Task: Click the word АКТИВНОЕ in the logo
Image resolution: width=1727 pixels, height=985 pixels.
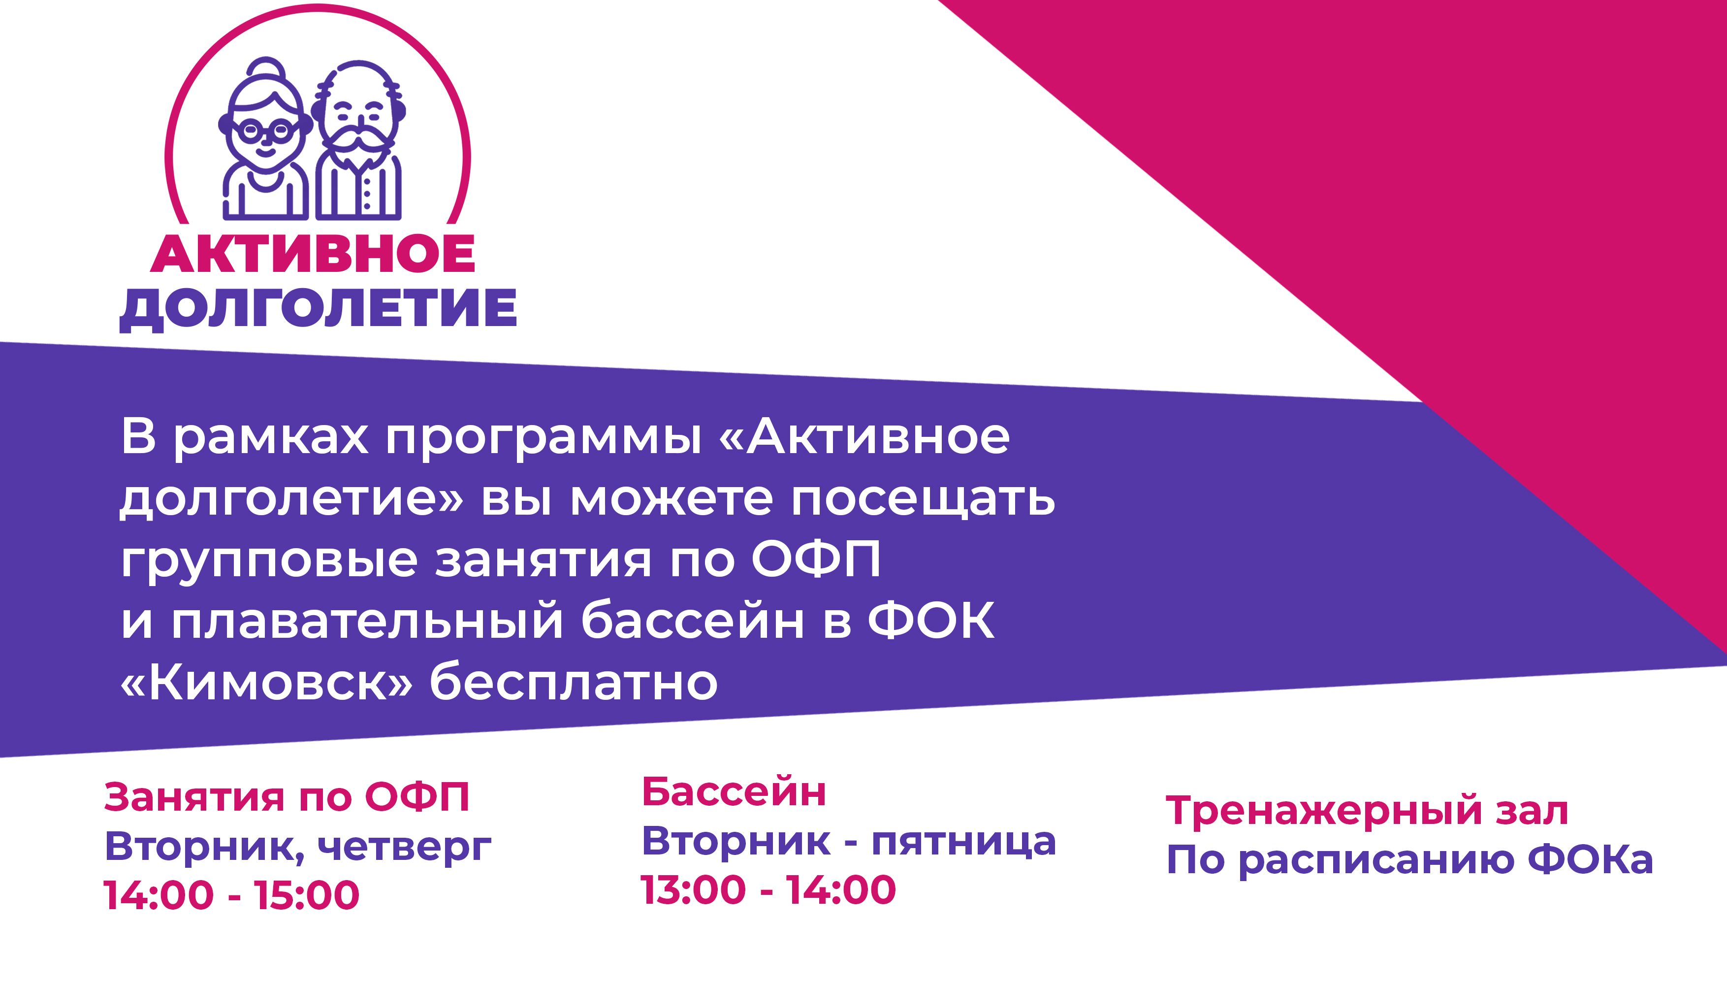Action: point(313,256)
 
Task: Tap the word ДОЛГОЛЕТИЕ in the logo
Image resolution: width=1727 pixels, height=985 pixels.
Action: point(319,310)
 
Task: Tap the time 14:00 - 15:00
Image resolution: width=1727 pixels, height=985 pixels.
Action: point(231,895)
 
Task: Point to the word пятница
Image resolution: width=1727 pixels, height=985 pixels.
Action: point(963,842)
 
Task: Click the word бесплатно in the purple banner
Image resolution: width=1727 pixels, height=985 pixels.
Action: point(574,682)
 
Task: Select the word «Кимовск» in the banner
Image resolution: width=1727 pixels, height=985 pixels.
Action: point(266,682)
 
